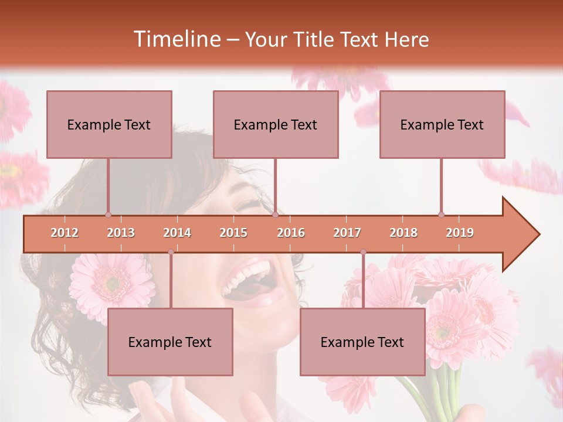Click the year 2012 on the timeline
click(65, 233)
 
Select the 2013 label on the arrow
click(121, 233)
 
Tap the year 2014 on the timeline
click(177, 233)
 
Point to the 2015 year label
click(233, 233)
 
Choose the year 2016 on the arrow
click(291, 233)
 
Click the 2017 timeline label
click(347, 233)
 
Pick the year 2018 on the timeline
click(403, 233)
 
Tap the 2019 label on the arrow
click(460, 233)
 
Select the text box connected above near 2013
click(109, 124)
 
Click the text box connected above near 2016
click(276, 124)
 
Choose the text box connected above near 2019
click(442, 124)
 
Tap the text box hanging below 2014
click(170, 342)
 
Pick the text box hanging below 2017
click(362, 342)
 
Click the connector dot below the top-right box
click(441, 215)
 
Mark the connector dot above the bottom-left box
click(171, 252)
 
